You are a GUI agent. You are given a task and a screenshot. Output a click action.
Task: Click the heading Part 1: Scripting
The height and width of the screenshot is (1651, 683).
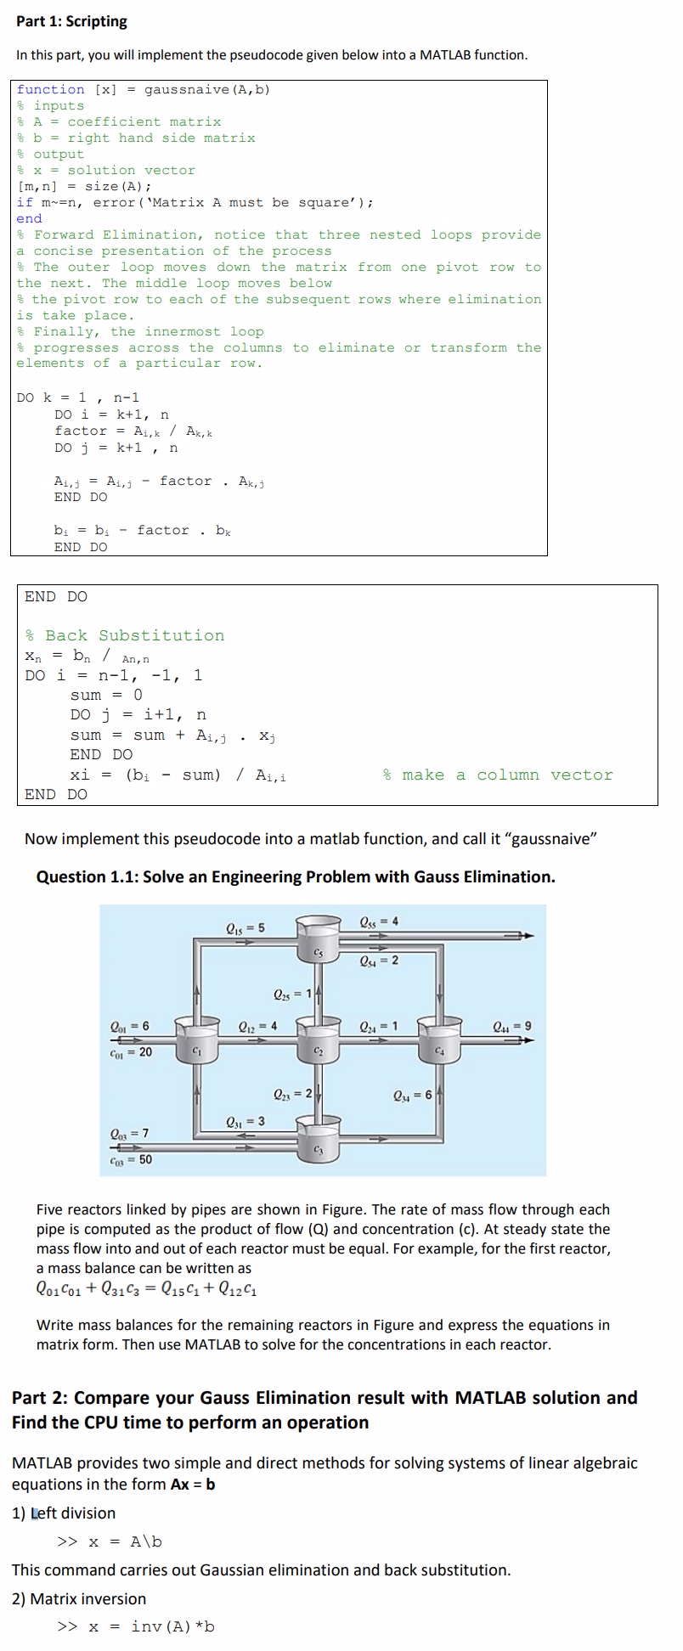tap(71, 21)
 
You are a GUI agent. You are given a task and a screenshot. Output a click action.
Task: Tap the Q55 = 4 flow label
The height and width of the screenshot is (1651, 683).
tap(379, 921)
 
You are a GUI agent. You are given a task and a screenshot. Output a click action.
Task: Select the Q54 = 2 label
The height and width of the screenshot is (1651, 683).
tap(379, 961)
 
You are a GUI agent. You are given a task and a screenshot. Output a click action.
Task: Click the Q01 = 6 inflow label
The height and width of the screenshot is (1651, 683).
tap(130, 1026)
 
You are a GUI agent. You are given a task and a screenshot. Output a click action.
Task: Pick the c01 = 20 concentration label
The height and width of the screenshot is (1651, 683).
tap(132, 1051)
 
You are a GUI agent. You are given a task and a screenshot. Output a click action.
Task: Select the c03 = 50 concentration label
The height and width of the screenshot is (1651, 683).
tap(132, 1158)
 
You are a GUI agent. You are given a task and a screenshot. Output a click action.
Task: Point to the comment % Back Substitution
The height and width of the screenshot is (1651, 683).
tap(125, 635)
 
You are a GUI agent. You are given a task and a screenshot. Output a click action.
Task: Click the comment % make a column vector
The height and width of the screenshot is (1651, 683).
tap(497, 775)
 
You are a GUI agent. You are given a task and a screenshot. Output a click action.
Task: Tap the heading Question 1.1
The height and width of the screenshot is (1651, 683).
tap(295, 876)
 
